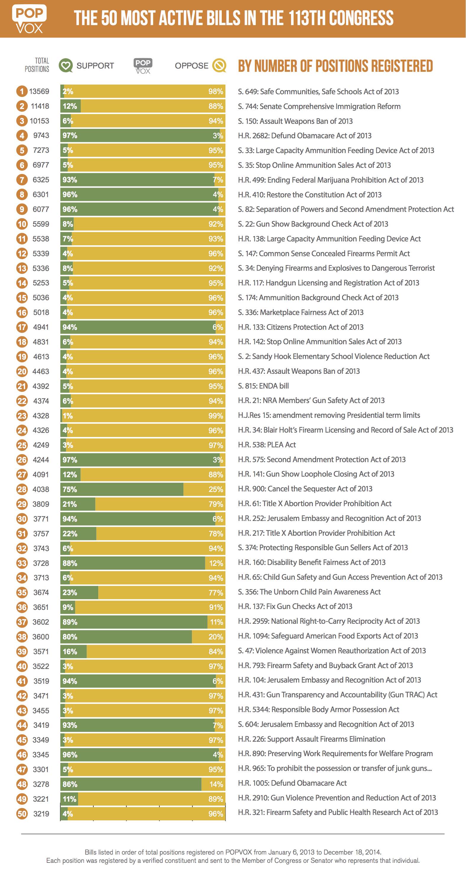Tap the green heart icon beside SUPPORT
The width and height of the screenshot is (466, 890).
coord(66,65)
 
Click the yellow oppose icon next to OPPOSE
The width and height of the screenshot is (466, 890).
coord(219,65)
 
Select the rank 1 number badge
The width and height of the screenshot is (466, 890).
coord(22,92)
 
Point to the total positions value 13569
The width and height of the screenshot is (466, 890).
coord(39,92)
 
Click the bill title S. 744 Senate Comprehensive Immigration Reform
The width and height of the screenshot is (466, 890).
coord(319,106)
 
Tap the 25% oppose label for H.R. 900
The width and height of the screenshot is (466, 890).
coord(216,490)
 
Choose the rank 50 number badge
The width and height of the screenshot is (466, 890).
coord(22,814)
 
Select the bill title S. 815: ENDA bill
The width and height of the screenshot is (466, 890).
coord(263,386)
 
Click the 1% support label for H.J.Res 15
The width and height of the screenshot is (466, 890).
coord(68,416)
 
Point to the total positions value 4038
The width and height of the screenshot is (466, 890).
coord(41,490)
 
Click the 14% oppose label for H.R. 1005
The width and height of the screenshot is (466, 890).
coord(216,785)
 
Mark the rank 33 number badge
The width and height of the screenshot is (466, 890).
coord(22,563)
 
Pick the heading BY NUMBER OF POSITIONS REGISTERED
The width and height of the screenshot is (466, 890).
coord(335,66)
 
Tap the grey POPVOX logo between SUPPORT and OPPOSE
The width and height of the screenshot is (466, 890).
coord(143,66)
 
